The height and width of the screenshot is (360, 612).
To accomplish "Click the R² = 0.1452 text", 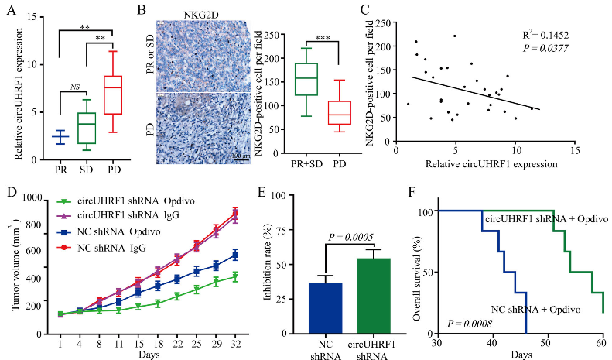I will coord(545,36).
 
